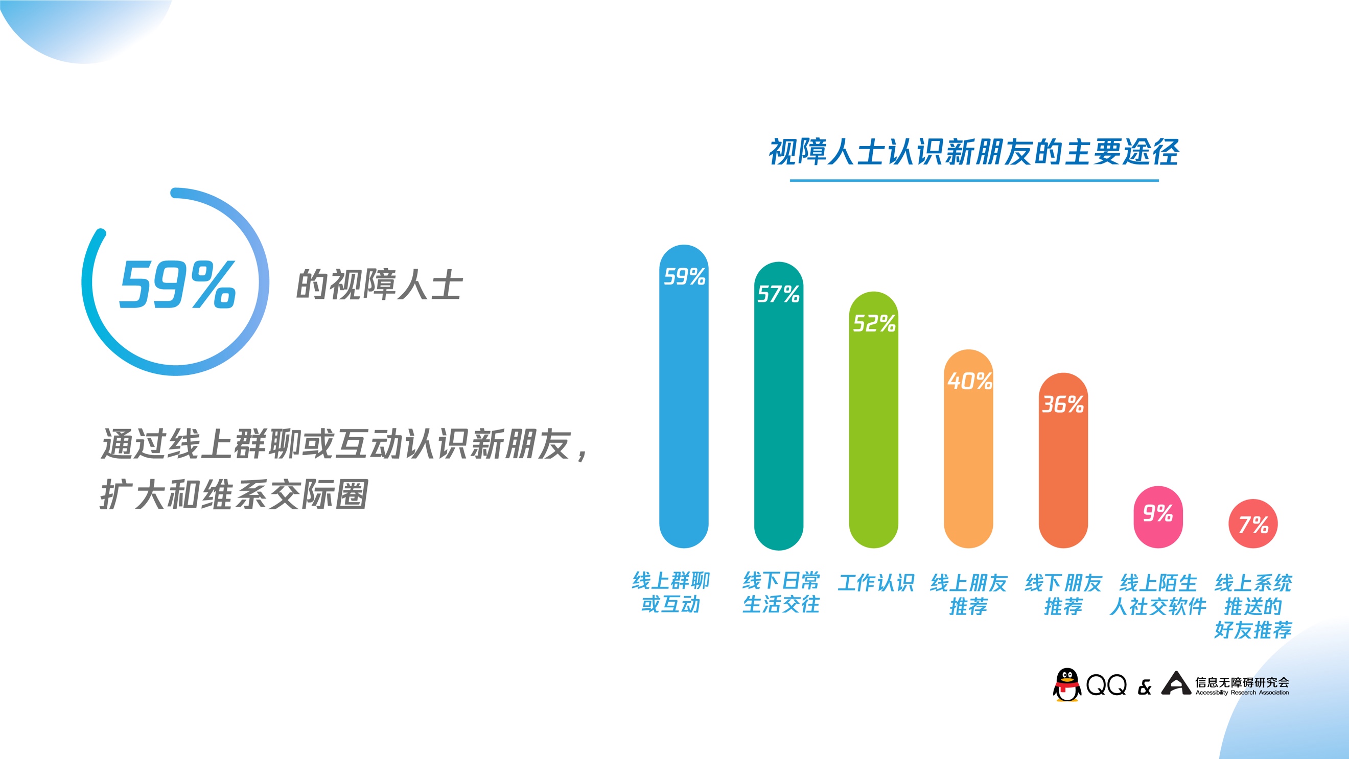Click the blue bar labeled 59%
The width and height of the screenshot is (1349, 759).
[x=683, y=396]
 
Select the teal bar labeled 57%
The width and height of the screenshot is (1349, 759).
[x=778, y=406]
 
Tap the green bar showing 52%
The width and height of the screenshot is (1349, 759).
[x=873, y=420]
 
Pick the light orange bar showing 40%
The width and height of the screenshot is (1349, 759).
[x=968, y=448]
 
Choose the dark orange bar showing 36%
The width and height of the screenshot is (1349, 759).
[x=1063, y=461]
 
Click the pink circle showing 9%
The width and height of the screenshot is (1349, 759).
[x=1158, y=517]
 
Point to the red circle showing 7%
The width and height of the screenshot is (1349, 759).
[x=1253, y=524]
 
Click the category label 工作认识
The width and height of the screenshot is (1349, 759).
[x=876, y=583]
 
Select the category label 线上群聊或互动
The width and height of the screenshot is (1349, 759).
[x=671, y=592]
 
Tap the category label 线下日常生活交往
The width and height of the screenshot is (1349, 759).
[x=781, y=592]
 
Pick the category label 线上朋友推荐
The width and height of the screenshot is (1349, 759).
[x=969, y=595]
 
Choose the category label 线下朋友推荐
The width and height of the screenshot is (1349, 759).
[x=1063, y=595]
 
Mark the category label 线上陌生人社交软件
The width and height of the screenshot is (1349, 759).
[x=1158, y=595]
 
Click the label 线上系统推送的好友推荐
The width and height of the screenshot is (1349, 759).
[x=1253, y=606]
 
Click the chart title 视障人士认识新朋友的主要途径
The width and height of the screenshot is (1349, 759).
[x=973, y=152]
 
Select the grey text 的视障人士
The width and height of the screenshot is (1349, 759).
[x=379, y=285]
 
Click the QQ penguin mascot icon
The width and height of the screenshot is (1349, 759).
[x=1067, y=684]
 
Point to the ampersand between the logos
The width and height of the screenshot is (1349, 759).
[x=1145, y=687]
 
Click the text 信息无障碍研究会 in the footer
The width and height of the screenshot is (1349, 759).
[x=1242, y=682]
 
